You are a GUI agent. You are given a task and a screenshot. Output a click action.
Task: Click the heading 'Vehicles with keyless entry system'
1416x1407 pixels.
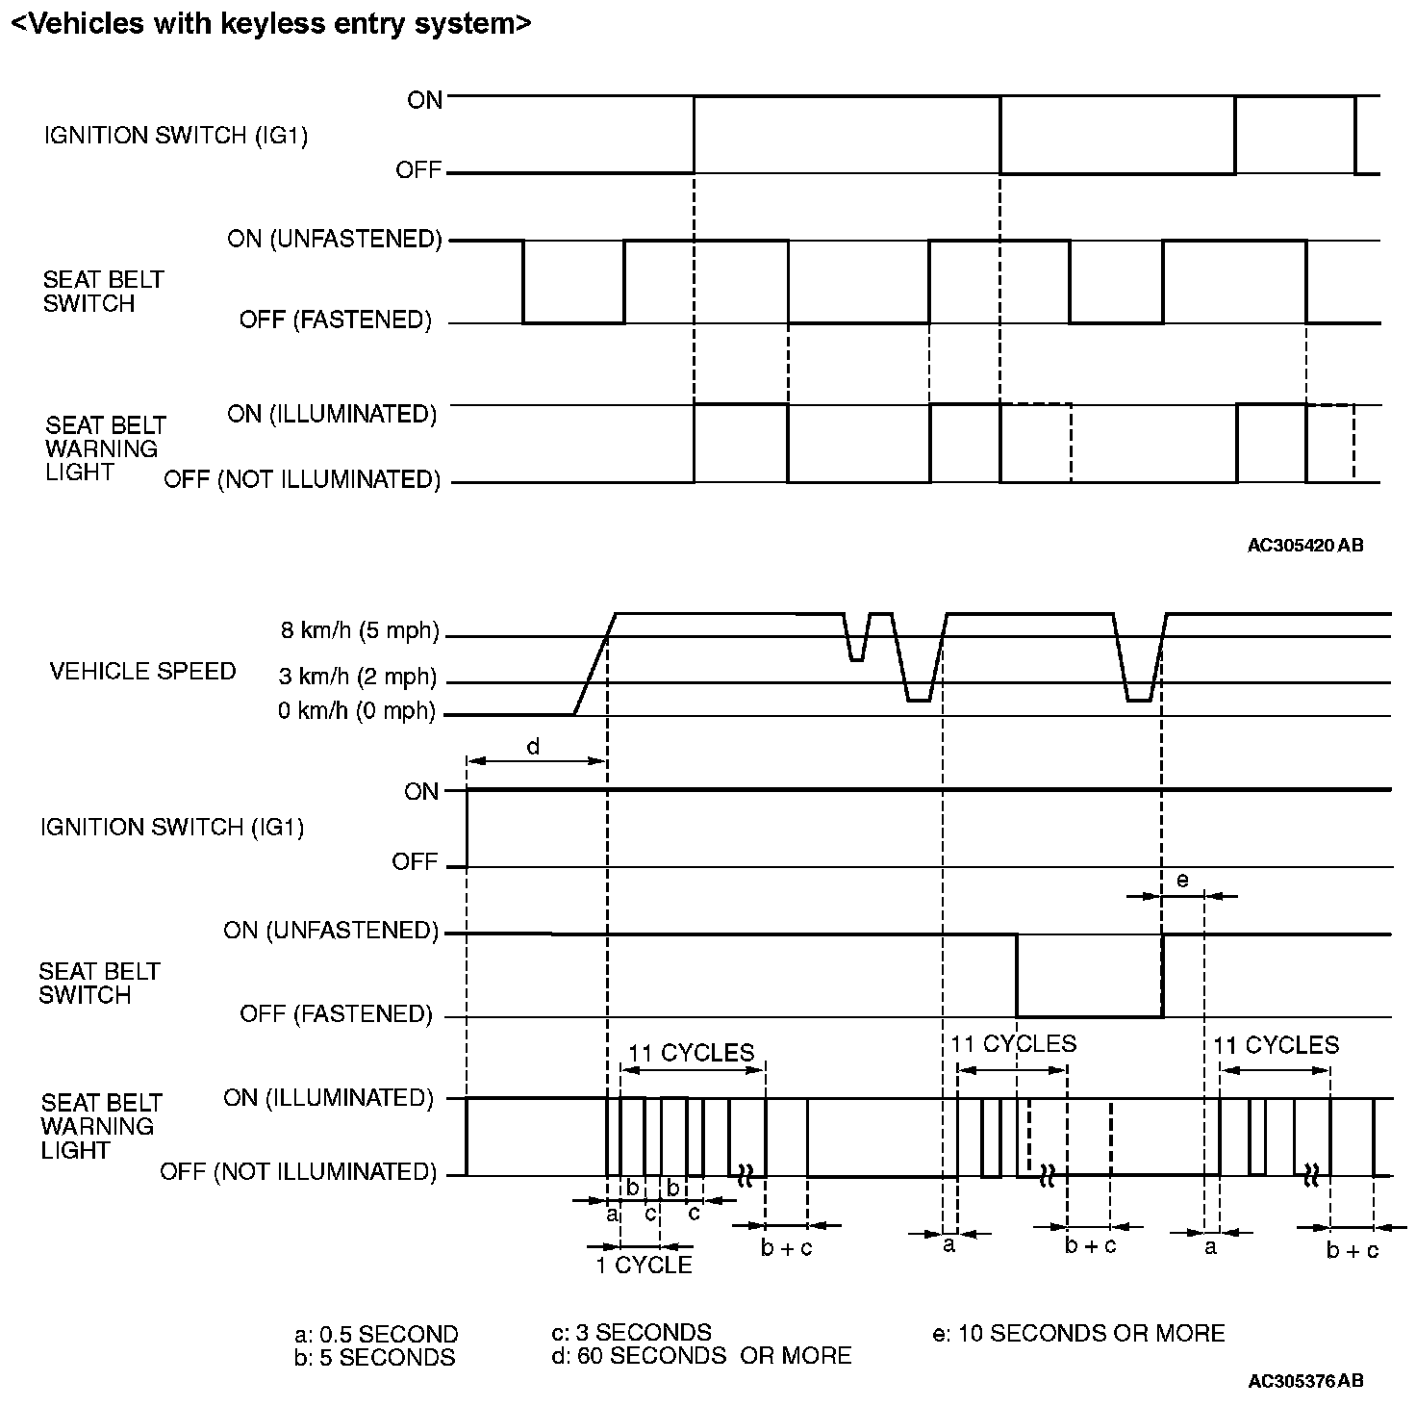[x=270, y=24]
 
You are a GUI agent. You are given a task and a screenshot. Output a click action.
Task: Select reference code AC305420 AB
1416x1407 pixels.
[x=1305, y=546]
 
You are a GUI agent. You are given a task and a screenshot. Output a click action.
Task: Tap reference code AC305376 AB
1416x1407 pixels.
[x=1305, y=1381]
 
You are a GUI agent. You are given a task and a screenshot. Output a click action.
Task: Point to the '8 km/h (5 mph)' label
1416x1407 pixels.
[x=360, y=631]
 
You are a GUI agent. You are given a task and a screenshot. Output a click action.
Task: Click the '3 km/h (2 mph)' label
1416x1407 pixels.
[x=358, y=678]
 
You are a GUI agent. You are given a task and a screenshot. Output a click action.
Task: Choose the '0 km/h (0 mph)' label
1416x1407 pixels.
[x=357, y=712]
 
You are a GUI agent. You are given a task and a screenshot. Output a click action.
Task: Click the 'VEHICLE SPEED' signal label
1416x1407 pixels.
[x=142, y=671]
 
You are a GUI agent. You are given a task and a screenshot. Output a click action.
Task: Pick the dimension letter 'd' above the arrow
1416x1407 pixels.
[x=533, y=746]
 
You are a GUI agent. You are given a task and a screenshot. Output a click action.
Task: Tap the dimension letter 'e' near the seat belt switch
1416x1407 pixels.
[x=1182, y=880]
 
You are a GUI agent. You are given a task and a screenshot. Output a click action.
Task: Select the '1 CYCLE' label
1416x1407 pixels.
[x=644, y=1265]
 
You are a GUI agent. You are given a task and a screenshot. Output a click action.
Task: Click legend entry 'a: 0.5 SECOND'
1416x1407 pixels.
[x=376, y=1335]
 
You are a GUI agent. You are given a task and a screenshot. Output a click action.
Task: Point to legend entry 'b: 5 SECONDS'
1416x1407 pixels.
[x=375, y=1358]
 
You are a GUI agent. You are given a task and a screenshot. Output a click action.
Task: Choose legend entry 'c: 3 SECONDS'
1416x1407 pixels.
[x=631, y=1333]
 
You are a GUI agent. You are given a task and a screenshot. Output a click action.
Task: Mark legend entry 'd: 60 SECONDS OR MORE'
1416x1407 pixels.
[x=701, y=1356]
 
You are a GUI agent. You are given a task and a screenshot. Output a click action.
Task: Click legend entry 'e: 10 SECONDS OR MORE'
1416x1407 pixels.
[x=1078, y=1333]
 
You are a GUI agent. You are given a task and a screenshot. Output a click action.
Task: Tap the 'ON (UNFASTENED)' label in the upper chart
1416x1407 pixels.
[x=334, y=239]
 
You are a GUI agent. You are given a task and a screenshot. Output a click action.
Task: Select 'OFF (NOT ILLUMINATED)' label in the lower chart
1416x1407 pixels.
[x=298, y=1171]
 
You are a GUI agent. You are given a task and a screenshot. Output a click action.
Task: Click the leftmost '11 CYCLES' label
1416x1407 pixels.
[x=692, y=1053]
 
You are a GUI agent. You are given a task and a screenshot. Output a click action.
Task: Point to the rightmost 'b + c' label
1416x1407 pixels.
[x=1353, y=1250]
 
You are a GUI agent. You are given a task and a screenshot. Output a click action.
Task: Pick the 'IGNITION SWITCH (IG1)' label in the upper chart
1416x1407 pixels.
[x=176, y=136]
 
